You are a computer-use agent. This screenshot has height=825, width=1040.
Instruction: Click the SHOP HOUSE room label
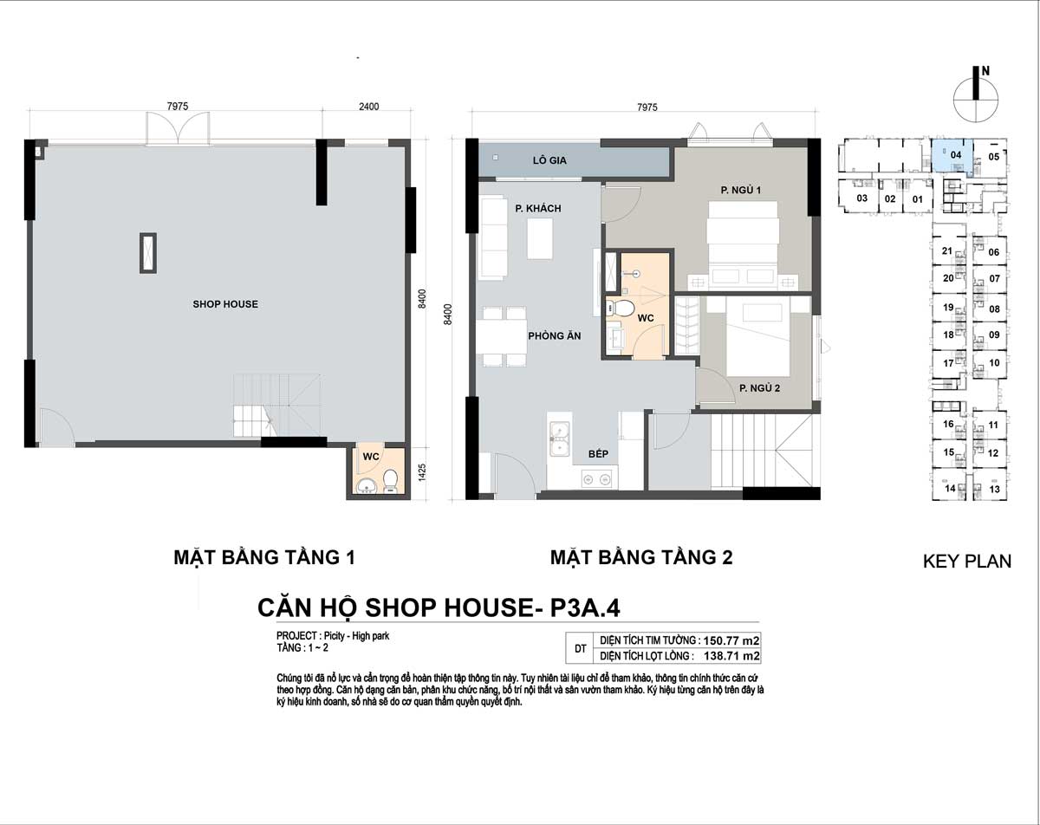[225, 304]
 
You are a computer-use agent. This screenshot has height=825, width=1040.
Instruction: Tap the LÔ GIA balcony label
[549, 160]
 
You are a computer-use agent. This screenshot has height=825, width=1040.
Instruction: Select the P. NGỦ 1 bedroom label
[740, 191]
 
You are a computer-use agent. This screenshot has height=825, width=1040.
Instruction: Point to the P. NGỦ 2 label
[759, 388]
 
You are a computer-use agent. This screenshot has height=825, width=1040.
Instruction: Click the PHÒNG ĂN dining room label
[555, 335]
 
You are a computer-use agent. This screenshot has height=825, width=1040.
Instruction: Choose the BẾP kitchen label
[598, 453]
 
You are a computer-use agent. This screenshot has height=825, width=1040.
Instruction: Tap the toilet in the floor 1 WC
[390, 481]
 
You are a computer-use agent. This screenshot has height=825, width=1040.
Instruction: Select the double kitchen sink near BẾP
[560, 439]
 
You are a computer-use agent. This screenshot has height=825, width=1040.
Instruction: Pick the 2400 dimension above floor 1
[368, 107]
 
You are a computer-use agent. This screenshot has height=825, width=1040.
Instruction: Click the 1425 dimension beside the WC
[422, 472]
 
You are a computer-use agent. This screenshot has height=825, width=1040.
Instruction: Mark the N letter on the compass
[985, 71]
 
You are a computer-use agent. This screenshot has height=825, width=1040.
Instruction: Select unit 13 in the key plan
[994, 489]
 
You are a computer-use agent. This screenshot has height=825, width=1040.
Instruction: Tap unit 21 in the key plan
[947, 250]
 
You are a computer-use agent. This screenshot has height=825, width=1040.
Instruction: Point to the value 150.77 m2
[731, 641]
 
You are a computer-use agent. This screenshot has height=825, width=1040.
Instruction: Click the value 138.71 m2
[731, 656]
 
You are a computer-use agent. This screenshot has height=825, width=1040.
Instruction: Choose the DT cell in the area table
[581, 648]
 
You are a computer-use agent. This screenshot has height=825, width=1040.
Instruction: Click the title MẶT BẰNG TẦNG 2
[641, 557]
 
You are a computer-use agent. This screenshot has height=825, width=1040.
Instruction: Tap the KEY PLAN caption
[967, 561]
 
